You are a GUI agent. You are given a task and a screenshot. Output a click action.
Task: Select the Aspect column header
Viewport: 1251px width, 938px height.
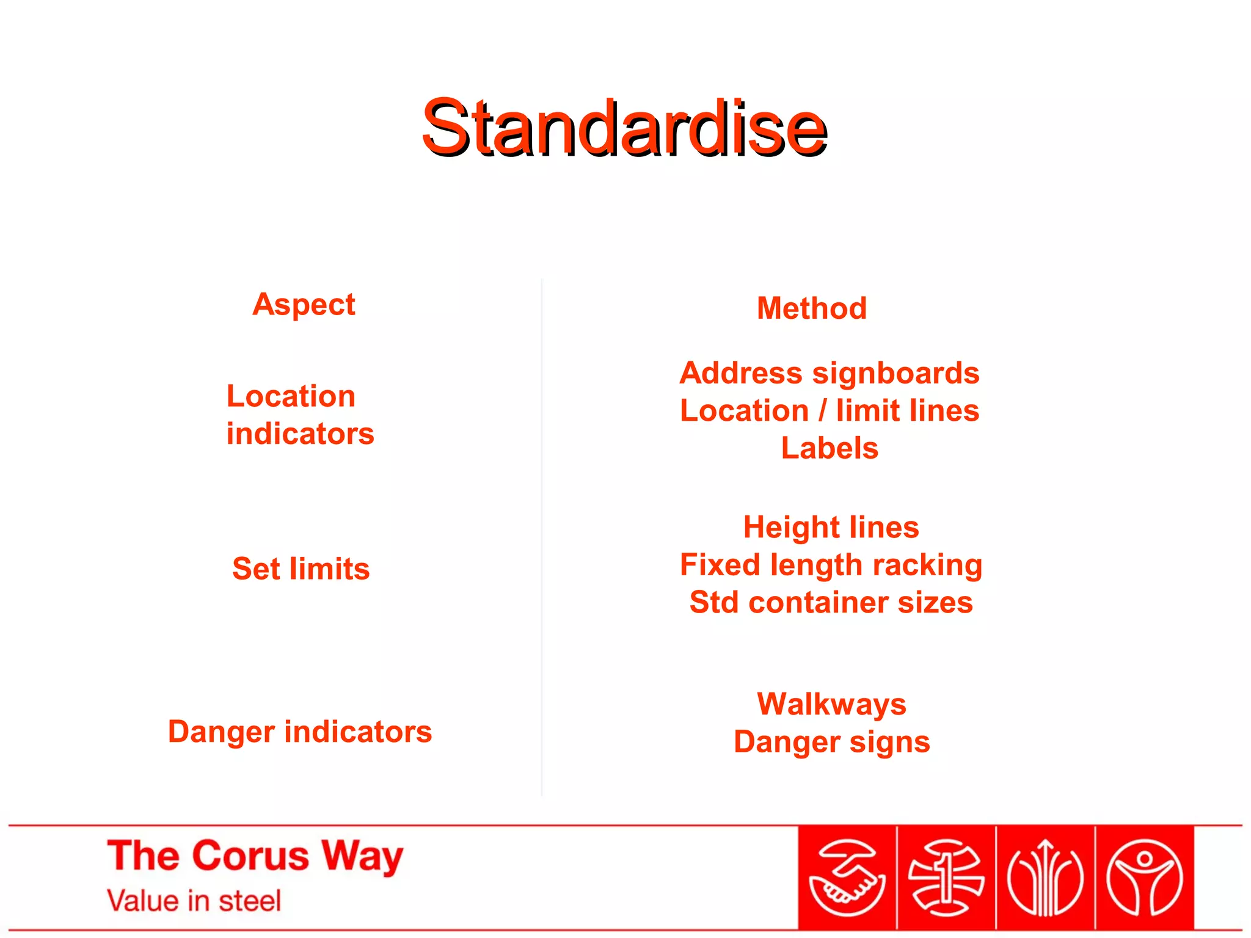coord(304,304)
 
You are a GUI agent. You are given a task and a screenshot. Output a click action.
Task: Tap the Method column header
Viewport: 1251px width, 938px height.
coord(812,308)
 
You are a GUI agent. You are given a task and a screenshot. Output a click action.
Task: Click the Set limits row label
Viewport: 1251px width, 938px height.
coord(301,569)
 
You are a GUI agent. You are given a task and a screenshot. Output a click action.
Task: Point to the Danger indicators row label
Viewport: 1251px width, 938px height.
coord(300,732)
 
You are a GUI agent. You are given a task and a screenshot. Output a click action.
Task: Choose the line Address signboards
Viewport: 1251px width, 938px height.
coord(830,373)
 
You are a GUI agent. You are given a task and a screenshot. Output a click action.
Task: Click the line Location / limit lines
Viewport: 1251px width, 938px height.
coord(830,410)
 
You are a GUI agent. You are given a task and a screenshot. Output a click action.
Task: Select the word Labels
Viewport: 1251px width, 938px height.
coord(830,448)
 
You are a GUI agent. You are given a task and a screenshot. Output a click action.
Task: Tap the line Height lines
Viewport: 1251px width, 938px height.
coord(831,527)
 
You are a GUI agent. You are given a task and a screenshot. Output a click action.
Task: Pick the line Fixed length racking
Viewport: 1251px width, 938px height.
coord(831,565)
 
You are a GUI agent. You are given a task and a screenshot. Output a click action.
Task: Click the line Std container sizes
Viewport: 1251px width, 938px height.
coord(831,603)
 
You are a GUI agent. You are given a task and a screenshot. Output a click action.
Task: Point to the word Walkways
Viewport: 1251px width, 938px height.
coord(831,704)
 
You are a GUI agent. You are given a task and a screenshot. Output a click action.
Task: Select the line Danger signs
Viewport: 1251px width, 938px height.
coord(831,742)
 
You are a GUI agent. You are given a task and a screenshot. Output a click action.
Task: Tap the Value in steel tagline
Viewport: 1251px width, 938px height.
coord(194,901)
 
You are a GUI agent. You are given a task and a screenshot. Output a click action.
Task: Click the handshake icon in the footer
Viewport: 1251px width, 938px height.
coord(847,878)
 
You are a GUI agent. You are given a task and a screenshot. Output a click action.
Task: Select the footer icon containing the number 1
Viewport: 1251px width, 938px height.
coord(946,878)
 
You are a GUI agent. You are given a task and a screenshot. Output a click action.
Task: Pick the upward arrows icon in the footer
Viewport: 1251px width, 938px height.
coord(1045,878)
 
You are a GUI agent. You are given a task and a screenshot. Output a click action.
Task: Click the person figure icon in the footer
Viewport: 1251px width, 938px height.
coord(1145,878)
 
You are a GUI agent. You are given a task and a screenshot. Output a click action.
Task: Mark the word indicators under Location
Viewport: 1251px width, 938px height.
coord(300,434)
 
